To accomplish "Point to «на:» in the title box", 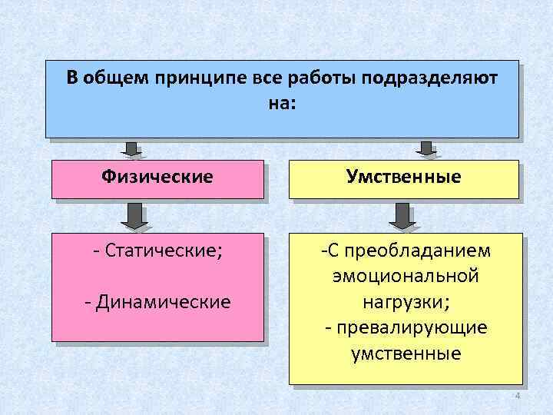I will coord(282,102).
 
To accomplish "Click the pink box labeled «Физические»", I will coord(157,178).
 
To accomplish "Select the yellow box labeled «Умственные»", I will coord(403,178).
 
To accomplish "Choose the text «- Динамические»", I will coord(157,301).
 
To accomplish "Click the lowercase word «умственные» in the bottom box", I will coord(405,354).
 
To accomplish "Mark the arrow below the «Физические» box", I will coord(135,216).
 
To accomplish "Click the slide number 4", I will coord(517,396).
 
